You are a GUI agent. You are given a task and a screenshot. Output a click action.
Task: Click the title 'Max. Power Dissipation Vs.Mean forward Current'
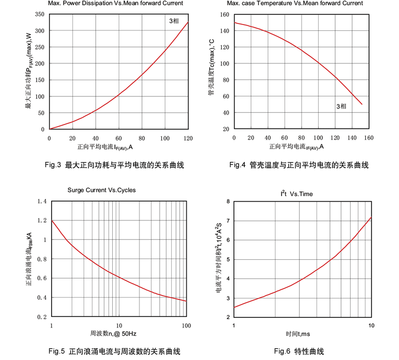point(115,3)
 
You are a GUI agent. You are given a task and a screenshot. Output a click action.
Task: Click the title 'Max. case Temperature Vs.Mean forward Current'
point(295,3)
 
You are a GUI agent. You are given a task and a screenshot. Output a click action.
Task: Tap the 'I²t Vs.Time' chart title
point(297,193)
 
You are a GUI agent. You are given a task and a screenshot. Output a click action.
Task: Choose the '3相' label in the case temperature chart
point(341,107)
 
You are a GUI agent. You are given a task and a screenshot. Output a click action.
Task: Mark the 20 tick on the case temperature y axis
point(225,129)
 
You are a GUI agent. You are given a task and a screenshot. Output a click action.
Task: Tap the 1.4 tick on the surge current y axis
point(41,201)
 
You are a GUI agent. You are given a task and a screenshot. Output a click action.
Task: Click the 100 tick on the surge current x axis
point(186,325)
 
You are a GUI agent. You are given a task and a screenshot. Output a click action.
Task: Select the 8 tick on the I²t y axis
point(227,201)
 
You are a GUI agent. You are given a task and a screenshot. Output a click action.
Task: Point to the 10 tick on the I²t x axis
point(371,325)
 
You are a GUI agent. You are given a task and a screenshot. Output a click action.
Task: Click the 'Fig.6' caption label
point(282,351)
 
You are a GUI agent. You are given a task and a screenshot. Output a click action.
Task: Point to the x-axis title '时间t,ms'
point(297,334)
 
